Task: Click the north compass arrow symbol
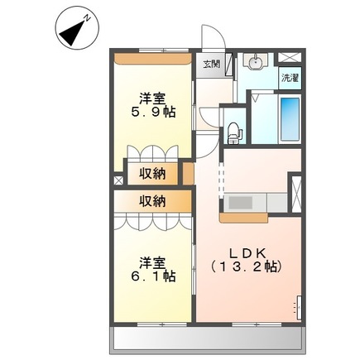(73, 31)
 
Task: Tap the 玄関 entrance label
(210, 64)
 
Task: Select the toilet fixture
(235, 131)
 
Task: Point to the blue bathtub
(289, 118)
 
